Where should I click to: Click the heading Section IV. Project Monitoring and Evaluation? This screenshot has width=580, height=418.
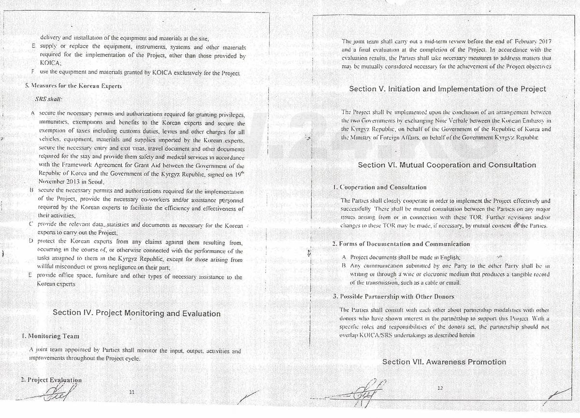(x=136, y=313)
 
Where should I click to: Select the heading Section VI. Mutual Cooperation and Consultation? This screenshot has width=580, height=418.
(x=447, y=165)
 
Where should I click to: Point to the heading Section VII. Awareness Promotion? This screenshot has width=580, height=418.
(x=444, y=362)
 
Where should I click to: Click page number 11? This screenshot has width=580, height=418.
(x=131, y=392)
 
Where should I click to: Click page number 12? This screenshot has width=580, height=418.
(x=439, y=388)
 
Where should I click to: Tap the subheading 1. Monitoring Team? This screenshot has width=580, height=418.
(x=50, y=336)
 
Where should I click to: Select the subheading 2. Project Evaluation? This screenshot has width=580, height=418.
(x=51, y=380)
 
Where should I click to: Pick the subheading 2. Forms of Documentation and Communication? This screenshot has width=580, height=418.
(x=401, y=244)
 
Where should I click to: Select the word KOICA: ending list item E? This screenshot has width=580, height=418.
(x=50, y=63)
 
